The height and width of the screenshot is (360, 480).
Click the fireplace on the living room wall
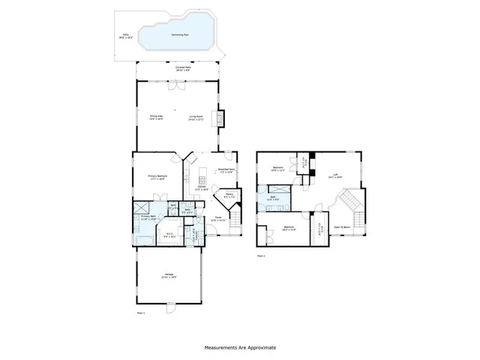pyautogui.click(x=220, y=118)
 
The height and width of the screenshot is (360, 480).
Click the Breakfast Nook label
pyautogui.click(x=226, y=169)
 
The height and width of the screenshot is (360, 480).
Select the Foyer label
pyautogui.click(x=217, y=218)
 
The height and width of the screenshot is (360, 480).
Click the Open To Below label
pyautogui.click(x=342, y=226)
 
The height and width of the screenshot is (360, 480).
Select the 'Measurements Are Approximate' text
pyautogui.click(x=241, y=348)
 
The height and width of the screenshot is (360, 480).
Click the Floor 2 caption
pyautogui.click(x=261, y=256)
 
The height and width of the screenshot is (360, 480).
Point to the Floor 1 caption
pyautogui.click(x=140, y=311)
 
